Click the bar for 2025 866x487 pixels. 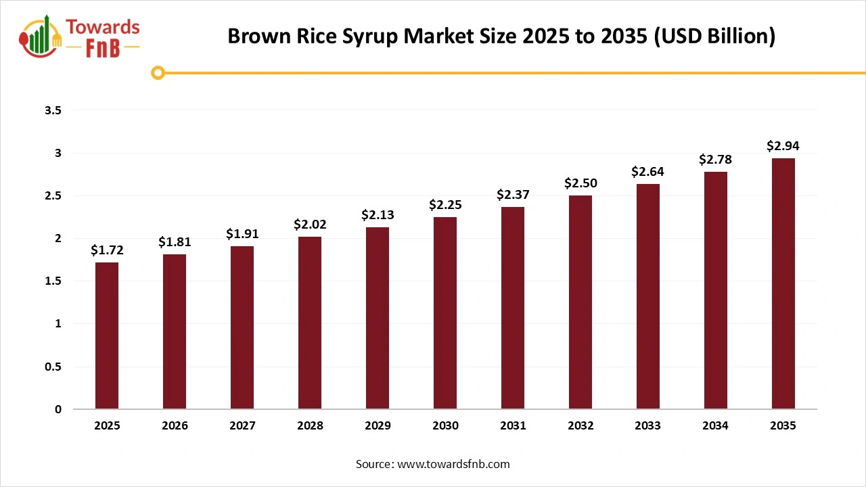tap(107, 335)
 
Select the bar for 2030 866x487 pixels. tap(445, 312)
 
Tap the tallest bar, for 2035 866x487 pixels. tap(783, 283)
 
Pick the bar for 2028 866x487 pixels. tap(310, 323)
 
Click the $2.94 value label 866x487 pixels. tap(783, 145)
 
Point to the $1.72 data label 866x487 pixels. tap(107, 250)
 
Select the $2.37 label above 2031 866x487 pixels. tap(513, 195)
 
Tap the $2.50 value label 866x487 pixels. tap(580, 183)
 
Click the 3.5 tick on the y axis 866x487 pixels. tap(53, 110)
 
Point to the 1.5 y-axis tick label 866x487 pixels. tap(53, 281)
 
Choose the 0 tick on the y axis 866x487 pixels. tap(58, 409)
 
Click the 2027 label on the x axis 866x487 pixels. tap(242, 426)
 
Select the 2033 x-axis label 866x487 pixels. tap(648, 426)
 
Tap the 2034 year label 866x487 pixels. tap(716, 426)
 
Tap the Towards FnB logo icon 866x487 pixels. tap(40, 37)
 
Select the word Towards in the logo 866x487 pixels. tap(104, 27)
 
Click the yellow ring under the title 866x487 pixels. tap(158, 72)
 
